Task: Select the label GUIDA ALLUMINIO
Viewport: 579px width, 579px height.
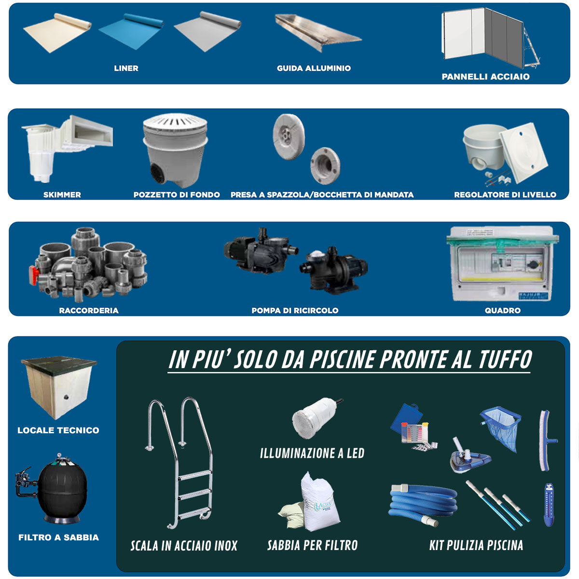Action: pos(314,69)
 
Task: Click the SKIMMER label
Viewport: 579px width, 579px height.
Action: pos(62,195)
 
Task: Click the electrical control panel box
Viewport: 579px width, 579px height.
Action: pos(502,264)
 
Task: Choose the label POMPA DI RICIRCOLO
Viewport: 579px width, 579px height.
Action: pos(295,311)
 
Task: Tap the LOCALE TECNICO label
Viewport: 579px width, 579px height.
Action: pos(58,430)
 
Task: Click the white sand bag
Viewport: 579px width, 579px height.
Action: pos(318,504)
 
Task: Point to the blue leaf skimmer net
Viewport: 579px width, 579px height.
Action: pos(502,427)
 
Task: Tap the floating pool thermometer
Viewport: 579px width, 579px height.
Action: pos(549,504)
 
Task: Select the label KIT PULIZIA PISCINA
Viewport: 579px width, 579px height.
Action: pos(476,546)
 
